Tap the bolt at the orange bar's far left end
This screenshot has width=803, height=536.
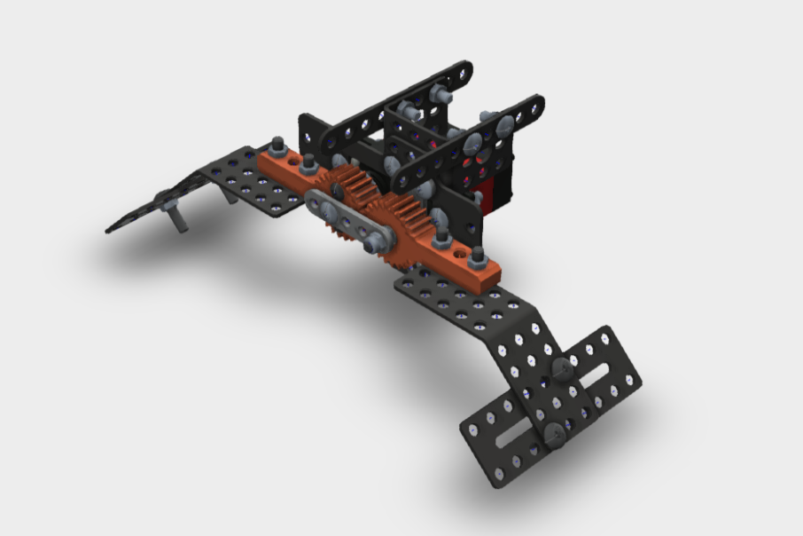pos(277,146)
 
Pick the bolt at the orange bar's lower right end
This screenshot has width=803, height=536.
pos(477,256)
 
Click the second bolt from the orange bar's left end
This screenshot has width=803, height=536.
pos(309,163)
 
